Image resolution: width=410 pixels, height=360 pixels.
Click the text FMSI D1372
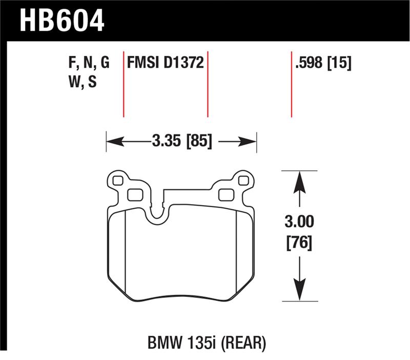click(166, 63)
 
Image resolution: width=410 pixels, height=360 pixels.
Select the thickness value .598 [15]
click(322, 63)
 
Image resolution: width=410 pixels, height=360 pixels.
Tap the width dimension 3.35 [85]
click(181, 139)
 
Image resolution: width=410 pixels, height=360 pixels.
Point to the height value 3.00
click(299, 222)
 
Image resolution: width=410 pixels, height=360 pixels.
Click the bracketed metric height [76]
click(299, 241)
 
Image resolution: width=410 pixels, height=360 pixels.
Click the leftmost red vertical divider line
click(124, 85)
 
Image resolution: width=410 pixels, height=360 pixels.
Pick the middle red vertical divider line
click(208, 85)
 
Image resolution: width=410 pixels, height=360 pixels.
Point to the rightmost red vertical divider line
click(291, 85)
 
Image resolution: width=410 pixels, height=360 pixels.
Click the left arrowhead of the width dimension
click(112, 140)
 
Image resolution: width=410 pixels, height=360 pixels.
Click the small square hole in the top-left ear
click(117, 181)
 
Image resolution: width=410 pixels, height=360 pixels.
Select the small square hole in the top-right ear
click(244, 180)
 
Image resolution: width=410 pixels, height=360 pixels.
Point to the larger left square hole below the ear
click(134, 195)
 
